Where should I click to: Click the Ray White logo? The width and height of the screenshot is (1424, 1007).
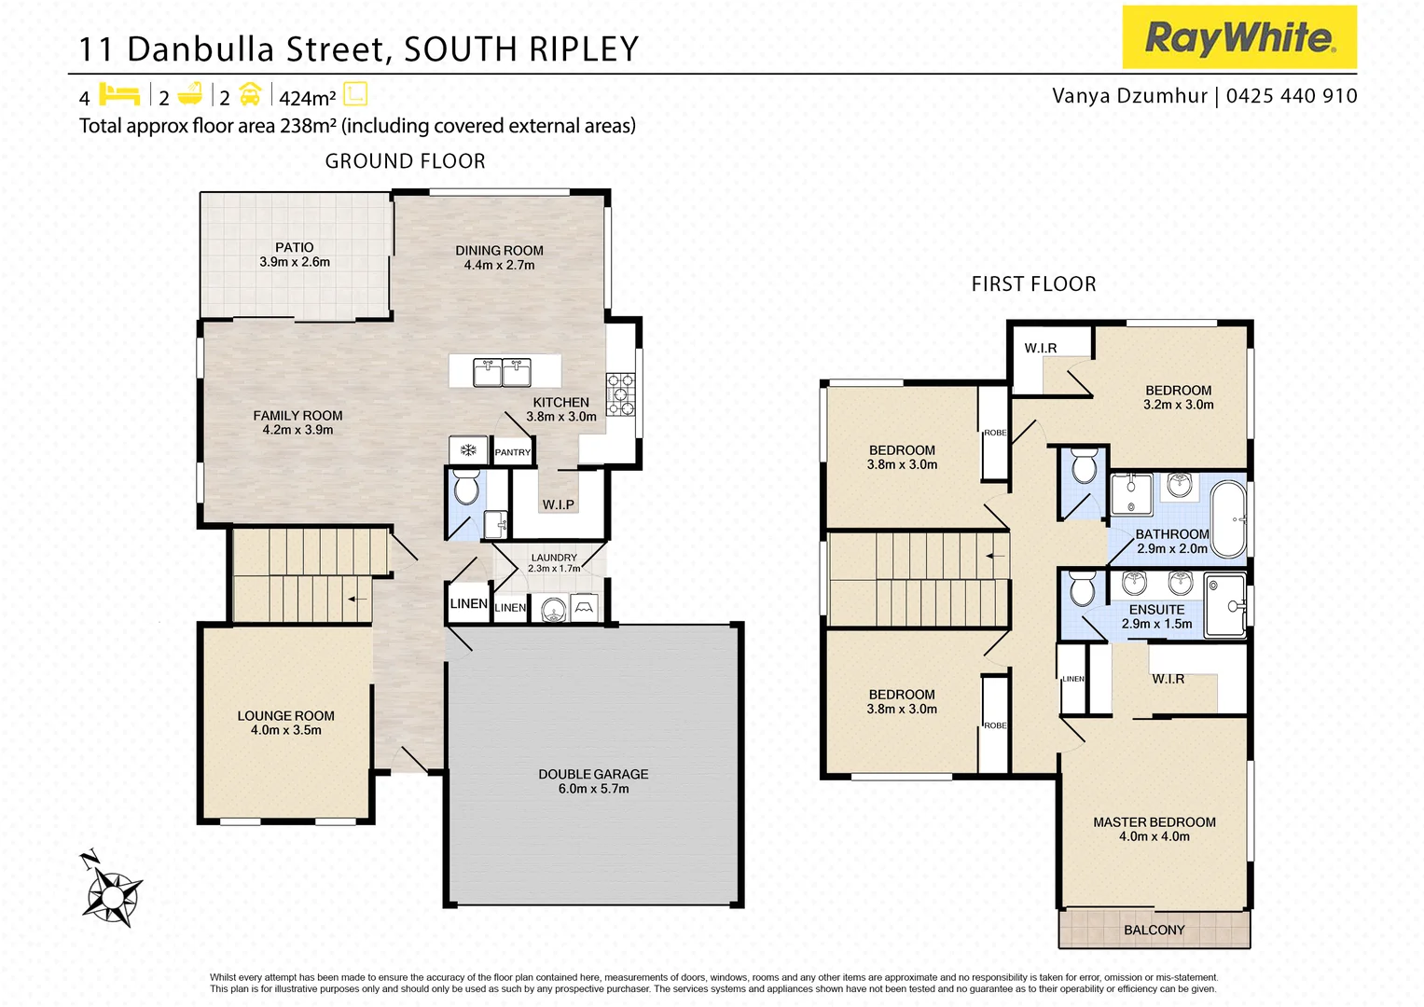pyautogui.click(x=1238, y=37)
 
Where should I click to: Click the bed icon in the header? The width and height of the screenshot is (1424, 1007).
pyautogui.click(x=119, y=94)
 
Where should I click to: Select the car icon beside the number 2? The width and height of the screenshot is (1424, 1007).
pyautogui.click(x=250, y=94)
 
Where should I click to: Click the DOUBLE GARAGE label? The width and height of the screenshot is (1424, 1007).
pyautogui.click(x=593, y=775)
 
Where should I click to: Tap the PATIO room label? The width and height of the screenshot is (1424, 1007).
pyautogui.click(x=295, y=248)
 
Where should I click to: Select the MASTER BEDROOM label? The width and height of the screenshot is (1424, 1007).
pyautogui.click(x=1154, y=822)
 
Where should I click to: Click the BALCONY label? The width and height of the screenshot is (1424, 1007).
pyautogui.click(x=1154, y=931)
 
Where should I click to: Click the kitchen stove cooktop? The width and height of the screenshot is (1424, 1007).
pyautogui.click(x=621, y=394)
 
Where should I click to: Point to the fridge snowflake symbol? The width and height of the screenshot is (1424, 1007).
pyautogui.click(x=468, y=451)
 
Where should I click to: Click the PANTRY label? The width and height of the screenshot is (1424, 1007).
pyautogui.click(x=512, y=452)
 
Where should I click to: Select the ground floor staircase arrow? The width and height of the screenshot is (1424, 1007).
pyautogui.click(x=356, y=599)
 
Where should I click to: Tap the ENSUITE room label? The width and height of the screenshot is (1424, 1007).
pyautogui.click(x=1156, y=610)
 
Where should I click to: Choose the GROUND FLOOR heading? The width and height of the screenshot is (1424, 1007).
pyautogui.click(x=405, y=161)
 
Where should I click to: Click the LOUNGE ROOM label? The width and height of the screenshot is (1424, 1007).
pyautogui.click(x=285, y=716)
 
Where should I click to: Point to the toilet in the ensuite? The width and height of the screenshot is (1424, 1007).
pyautogui.click(x=1082, y=588)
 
